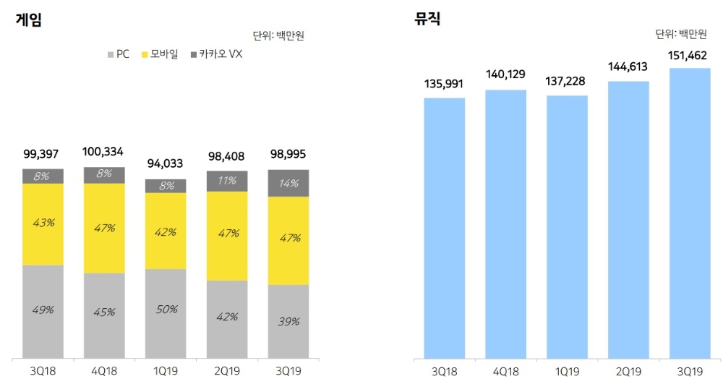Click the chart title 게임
tap(28, 20)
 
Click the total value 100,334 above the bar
tap(104, 152)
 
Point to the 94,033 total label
tap(166, 163)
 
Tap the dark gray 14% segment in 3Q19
tap(288, 183)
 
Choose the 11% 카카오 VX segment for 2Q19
tap(227, 181)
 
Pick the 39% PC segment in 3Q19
tap(288, 321)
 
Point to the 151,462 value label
tap(690, 56)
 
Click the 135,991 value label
tap(444, 84)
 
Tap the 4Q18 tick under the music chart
tap(505, 372)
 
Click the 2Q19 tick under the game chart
tap(227, 372)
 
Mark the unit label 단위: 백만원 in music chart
tap(681, 34)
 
